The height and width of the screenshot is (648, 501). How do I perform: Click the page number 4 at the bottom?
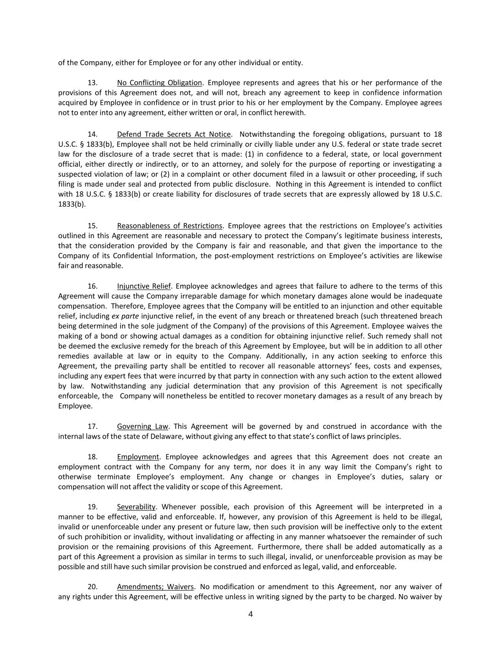(250, 614)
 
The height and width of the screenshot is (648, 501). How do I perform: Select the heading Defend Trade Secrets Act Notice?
(174, 134)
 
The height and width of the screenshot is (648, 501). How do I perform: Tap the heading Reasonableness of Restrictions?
(170, 225)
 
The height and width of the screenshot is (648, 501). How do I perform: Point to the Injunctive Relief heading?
(143, 286)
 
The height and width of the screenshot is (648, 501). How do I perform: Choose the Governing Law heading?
(142, 426)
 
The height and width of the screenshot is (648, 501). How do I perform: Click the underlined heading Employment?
(138, 457)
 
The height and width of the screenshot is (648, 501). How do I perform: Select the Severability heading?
(136, 507)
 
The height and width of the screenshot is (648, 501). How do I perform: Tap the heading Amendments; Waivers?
(155, 586)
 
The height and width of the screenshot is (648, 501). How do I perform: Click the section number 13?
(93, 83)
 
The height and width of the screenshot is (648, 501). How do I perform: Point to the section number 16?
(93, 286)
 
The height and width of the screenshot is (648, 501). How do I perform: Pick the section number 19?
(93, 507)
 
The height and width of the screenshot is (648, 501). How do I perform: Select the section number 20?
(93, 586)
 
